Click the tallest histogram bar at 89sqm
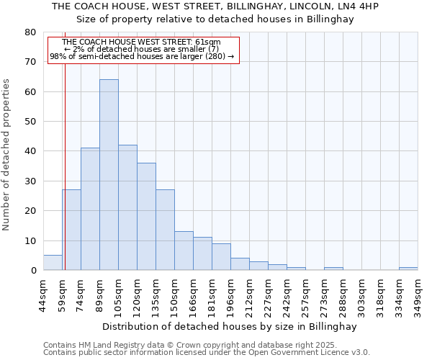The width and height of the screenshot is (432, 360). point(109,175)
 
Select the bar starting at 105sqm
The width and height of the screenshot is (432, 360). point(127,207)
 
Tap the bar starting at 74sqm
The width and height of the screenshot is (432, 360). point(90,209)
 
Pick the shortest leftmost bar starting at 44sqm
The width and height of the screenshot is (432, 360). point(53,263)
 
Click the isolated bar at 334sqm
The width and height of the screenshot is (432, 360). point(408,269)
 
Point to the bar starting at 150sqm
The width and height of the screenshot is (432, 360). point(184,251)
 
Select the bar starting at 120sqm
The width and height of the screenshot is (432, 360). point(146,217)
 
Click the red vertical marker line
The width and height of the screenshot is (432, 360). point(65,166)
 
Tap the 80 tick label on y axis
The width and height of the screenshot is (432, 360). point(30,32)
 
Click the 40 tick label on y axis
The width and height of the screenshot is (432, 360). point(30,151)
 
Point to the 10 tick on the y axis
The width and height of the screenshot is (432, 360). point(30,240)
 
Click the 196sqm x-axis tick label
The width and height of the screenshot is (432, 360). point(230,293)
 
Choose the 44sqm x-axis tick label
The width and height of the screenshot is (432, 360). point(43,293)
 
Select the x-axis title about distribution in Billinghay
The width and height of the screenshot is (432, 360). point(230,326)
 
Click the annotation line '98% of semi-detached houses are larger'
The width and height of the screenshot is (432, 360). point(142,56)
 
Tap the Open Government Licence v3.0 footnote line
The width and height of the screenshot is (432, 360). point(206,353)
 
